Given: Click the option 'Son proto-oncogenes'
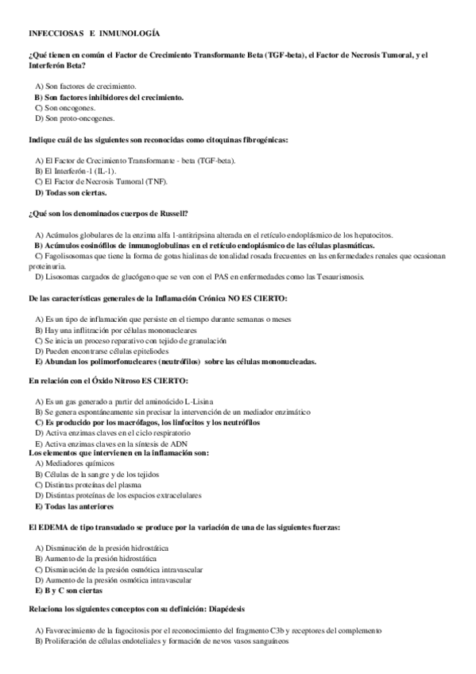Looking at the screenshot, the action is (79, 118).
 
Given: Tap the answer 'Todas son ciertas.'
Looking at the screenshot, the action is (75, 192).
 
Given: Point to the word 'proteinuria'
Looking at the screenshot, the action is (45, 267).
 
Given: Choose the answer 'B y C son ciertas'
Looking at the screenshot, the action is (69, 591).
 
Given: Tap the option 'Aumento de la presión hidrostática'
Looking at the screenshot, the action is (100, 559).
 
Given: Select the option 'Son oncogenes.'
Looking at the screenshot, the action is (71, 107).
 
